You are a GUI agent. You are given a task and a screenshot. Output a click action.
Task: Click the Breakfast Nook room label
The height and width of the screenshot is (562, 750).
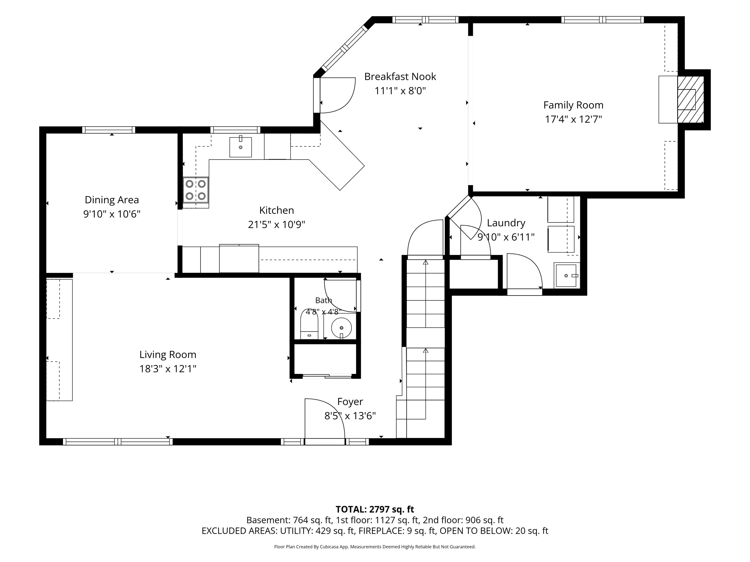point(400,77)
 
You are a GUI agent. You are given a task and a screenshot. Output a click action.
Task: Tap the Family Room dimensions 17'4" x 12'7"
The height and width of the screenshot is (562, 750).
point(573,119)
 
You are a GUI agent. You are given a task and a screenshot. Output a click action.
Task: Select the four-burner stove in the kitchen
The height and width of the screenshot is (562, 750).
point(196,190)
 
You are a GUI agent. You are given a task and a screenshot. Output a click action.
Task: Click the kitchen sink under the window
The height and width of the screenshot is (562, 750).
point(240,147)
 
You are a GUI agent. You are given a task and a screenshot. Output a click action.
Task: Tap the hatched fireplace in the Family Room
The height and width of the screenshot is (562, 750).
point(691,100)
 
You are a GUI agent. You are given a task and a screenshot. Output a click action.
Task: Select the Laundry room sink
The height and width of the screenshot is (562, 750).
point(566,276)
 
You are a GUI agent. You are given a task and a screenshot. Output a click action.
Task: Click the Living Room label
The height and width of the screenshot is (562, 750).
point(168,354)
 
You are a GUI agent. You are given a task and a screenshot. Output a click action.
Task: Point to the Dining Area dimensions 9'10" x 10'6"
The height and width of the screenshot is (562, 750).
point(112,214)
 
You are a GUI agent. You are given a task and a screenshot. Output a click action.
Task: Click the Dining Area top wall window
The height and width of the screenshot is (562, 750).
point(108,130)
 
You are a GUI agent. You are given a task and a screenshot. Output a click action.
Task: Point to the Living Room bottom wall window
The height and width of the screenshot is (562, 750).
point(118,441)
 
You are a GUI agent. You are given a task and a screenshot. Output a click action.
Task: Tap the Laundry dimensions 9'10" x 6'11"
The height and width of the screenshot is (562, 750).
point(506,237)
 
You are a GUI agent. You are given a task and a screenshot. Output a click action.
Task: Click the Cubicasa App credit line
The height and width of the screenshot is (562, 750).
point(375,547)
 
